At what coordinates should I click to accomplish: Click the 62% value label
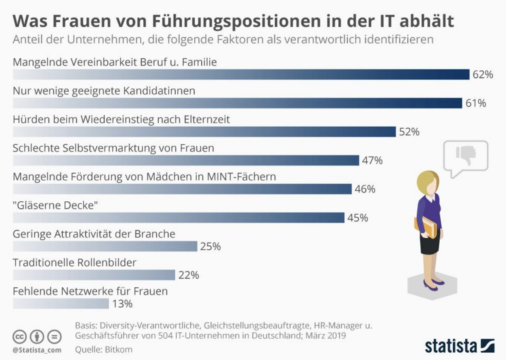(483, 75)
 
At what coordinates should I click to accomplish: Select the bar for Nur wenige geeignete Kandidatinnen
(237, 103)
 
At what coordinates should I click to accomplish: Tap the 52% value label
(409, 132)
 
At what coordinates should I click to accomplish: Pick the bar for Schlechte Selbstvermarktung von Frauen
(186, 160)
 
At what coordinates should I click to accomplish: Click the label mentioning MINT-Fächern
(144, 176)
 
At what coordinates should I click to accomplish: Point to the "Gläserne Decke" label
(55, 205)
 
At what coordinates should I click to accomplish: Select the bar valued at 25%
(105, 246)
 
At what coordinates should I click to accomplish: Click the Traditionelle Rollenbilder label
(75, 262)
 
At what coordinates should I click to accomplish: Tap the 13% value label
(122, 304)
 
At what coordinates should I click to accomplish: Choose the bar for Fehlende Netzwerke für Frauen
(61, 304)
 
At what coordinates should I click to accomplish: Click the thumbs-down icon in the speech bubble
(466, 156)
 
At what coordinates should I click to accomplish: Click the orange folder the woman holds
(428, 227)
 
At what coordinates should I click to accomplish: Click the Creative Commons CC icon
(20, 337)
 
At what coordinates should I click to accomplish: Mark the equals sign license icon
(54, 337)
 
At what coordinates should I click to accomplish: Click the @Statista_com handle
(37, 350)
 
